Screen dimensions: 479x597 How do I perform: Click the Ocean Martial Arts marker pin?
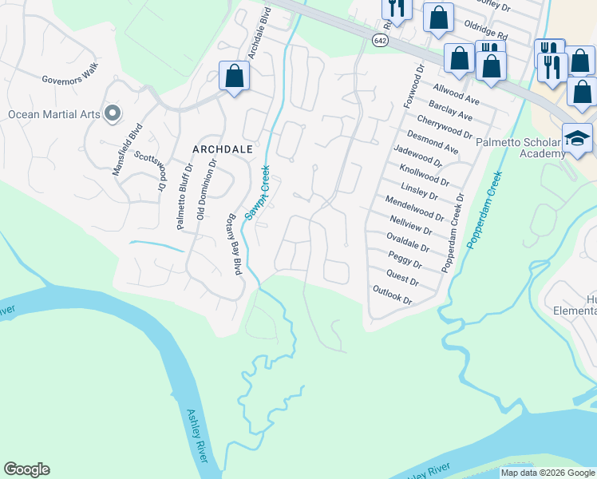click(x=113, y=113)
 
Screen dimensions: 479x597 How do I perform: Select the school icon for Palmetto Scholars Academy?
click(x=577, y=138)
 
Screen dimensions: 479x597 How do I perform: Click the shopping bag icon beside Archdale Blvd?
click(x=235, y=77)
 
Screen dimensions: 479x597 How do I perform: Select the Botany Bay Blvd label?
click(x=235, y=244)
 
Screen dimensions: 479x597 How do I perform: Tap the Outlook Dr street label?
click(x=392, y=295)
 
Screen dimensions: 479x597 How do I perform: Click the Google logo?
click(x=26, y=469)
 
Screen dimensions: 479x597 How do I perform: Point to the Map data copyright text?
click(x=548, y=473)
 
